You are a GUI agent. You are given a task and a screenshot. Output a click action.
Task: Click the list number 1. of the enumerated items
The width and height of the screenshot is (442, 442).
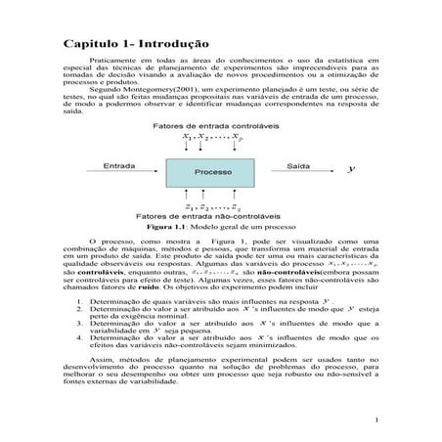click(79, 303)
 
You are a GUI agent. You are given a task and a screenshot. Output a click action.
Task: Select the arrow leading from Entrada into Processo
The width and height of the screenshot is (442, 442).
click(133, 172)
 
